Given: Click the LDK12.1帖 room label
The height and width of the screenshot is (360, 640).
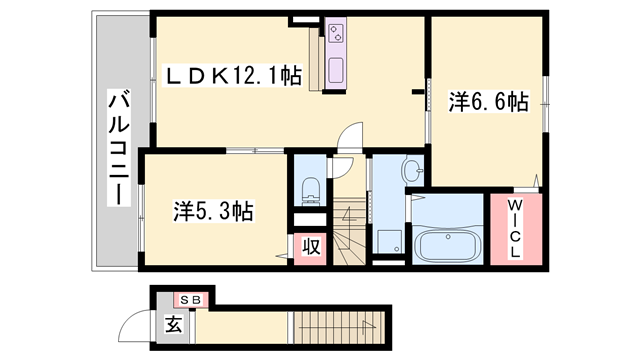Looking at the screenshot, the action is (233, 76).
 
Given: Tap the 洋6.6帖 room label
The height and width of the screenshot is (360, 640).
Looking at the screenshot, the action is (489, 102).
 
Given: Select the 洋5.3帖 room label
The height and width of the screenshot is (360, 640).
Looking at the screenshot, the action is (213, 211).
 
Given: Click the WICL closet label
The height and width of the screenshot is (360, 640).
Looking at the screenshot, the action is (516, 229).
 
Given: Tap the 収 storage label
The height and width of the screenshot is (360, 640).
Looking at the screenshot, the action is (311, 246).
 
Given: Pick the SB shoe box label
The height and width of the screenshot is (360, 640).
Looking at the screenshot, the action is (191, 300).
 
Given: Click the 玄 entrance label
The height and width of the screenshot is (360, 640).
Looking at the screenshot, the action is (173, 324).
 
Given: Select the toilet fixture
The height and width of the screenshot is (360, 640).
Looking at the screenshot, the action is (311, 190).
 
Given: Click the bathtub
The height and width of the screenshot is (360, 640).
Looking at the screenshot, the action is (447, 244).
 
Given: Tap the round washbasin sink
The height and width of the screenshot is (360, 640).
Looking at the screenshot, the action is (411, 169).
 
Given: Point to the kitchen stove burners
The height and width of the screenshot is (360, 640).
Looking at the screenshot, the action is (336, 33).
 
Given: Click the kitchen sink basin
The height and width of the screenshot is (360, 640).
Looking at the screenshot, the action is (336, 70).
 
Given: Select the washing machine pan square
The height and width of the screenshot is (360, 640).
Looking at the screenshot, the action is (389, 242).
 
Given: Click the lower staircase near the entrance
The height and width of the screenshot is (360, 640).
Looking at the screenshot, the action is (340, 327).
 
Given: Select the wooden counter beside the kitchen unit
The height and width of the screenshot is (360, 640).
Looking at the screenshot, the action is (316, 58).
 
